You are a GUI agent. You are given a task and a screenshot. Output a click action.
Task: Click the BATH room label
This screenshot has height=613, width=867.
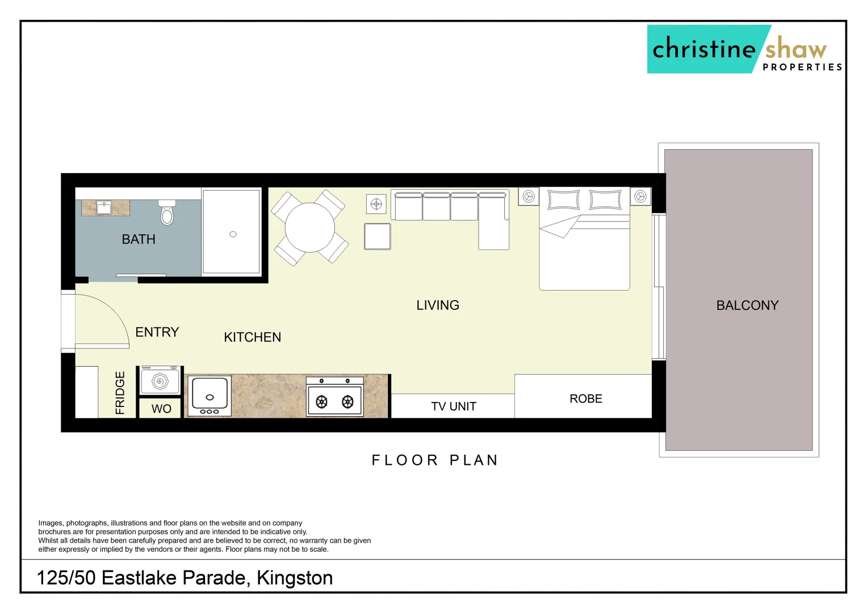[139, 240]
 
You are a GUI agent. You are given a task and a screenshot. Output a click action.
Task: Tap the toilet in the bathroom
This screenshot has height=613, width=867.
[167, 213]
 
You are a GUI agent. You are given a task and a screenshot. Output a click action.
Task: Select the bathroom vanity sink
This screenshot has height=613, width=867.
[104, 208]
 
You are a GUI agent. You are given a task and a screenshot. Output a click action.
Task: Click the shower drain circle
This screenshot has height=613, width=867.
[233, 234]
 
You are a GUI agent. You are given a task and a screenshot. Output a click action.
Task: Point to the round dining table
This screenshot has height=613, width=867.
[309, 228]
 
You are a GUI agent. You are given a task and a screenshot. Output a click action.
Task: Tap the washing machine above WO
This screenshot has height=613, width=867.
[160, 381]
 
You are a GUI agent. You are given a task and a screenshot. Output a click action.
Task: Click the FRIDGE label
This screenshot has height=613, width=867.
[120, 393]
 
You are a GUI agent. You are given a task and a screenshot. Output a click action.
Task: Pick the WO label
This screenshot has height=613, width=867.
[161, 409]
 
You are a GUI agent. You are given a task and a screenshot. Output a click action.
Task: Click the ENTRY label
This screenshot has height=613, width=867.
[157, 332]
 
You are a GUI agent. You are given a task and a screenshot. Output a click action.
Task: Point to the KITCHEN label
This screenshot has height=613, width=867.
[253, 337]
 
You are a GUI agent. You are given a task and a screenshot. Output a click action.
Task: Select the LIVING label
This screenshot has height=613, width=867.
[438, 305]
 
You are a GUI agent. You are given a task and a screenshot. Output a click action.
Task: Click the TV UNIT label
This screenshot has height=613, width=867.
[454, 406]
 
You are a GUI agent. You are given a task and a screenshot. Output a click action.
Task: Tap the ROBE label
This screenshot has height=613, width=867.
[586, 399]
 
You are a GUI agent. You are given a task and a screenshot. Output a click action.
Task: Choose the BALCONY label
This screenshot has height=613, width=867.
[747, 305]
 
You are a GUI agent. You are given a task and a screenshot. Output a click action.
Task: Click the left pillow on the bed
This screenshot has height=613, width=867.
[563, 200]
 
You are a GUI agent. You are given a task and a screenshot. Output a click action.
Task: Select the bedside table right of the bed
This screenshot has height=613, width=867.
[640, 197]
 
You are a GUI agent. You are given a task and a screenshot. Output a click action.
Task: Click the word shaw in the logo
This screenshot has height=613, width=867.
[795, 49]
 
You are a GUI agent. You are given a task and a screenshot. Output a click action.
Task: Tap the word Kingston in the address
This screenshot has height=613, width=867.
[295, 578]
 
